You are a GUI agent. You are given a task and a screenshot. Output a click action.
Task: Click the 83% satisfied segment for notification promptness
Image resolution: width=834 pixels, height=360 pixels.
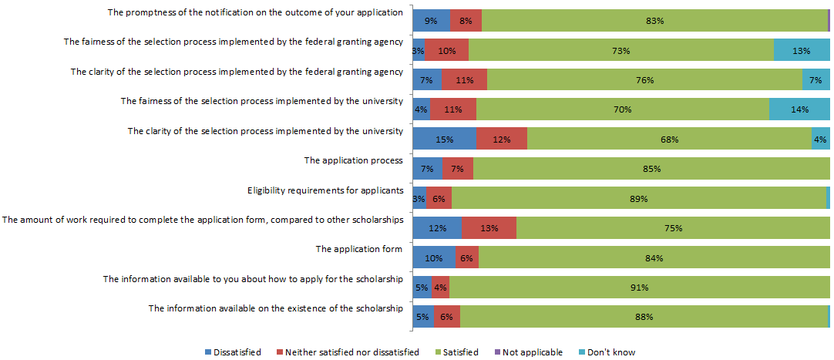(654, 21)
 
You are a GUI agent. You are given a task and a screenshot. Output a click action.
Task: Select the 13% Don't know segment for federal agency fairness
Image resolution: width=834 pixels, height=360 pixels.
(802, 51)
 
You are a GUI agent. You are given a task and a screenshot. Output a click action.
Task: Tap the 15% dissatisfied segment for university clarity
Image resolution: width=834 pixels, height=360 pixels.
(444, 140)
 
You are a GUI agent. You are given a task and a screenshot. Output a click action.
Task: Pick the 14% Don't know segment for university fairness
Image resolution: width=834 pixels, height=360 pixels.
(799, 109)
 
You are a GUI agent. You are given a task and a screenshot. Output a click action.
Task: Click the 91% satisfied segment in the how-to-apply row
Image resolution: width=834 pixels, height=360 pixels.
(639, 288)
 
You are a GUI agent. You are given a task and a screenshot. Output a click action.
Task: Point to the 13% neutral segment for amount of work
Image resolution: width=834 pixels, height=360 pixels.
(489, 228)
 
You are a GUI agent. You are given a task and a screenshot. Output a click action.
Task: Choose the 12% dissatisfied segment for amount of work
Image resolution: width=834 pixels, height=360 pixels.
(437, 228)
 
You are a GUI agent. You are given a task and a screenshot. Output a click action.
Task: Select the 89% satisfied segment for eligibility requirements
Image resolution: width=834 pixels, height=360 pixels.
(638, 199)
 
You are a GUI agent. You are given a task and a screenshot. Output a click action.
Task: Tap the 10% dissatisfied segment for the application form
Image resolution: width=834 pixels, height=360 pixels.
(434, 258)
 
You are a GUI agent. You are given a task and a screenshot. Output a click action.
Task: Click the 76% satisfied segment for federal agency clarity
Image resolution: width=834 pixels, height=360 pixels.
(644, 80)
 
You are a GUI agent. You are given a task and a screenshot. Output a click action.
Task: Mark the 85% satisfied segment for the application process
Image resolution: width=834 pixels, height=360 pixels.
(651, 169)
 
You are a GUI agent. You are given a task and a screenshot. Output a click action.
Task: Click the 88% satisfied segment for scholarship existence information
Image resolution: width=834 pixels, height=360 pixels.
(644, 317)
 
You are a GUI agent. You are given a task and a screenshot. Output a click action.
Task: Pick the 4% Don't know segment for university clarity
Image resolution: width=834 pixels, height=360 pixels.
(820, 140)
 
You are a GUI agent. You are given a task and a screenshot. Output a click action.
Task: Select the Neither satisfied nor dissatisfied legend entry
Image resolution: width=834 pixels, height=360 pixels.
(347, 352)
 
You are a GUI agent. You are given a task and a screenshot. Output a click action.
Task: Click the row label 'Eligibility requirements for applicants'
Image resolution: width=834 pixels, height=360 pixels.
(325, 190)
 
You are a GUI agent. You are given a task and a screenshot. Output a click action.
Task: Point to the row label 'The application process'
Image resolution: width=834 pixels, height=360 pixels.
(353, 160)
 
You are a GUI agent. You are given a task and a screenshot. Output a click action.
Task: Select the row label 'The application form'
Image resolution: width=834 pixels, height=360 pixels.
(359, 249)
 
